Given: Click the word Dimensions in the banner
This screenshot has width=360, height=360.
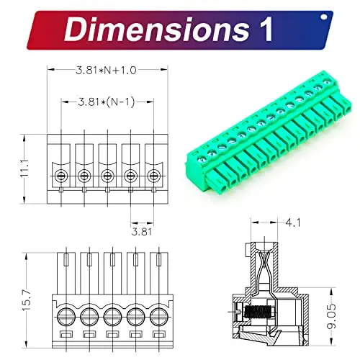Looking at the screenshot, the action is (x=156, y=30).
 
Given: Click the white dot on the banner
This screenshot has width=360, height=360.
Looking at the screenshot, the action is (x=324, y=17).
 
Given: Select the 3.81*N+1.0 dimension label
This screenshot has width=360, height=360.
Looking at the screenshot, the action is (x=106, y=71).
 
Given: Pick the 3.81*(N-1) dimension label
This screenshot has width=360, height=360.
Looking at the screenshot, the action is (x=107, y=102).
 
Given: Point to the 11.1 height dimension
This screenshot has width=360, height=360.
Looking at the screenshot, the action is (x=24, y=168).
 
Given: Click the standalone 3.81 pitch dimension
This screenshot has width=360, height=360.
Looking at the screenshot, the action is (x=142, y=232).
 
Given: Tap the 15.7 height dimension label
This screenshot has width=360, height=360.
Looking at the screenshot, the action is (x=27, y=300).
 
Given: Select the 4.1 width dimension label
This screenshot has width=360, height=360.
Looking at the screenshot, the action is (x=293, y=223).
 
